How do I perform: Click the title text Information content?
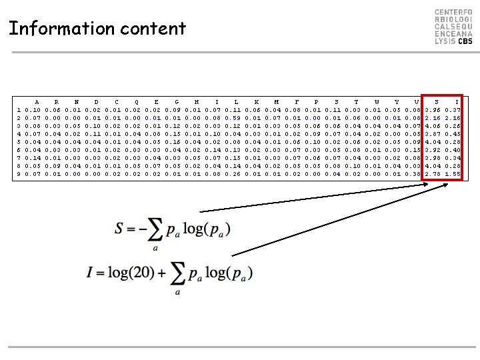point(97,29)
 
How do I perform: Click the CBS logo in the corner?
point(453,27)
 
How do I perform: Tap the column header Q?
point(137,101)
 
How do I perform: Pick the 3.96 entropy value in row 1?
point(433,109)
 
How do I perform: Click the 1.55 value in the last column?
point(453,174)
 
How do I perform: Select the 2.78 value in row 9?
point(433,174)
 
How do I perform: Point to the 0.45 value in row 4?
point(453,133)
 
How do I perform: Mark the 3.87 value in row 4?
point(433,133)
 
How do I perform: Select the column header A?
point(37,101)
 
